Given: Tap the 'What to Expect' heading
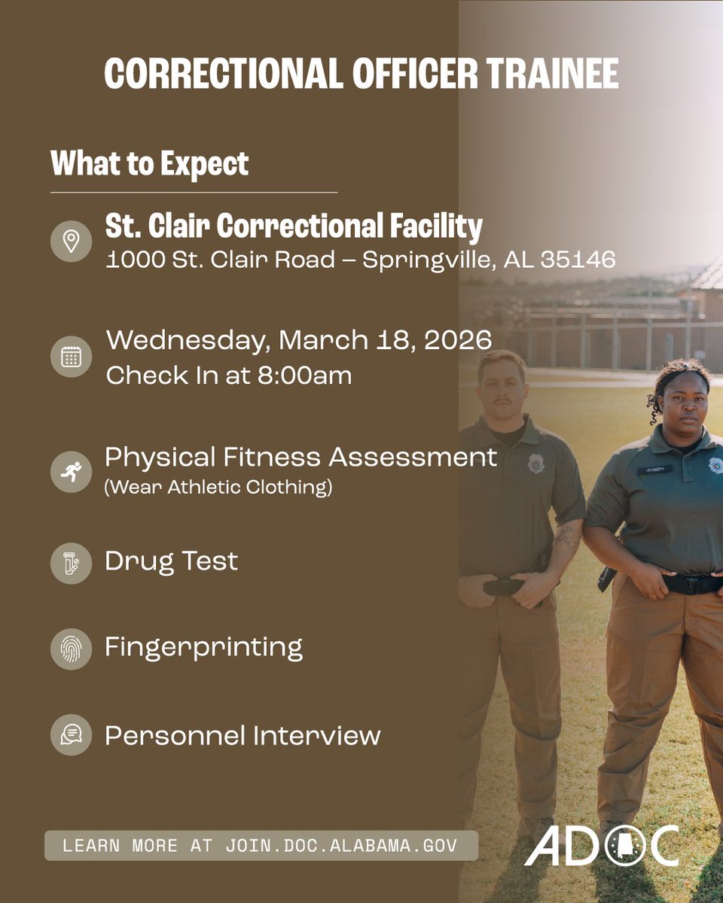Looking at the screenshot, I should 149,163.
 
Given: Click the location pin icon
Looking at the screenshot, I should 71,242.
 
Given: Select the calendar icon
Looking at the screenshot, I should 71,357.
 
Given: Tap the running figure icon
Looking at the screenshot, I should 71,472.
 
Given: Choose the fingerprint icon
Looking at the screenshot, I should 71,649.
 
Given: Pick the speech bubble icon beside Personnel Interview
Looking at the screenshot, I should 71,734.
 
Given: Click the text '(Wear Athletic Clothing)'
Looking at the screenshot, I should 218,488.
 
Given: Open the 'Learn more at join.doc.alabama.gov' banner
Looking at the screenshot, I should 261,845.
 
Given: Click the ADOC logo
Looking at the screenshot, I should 602,845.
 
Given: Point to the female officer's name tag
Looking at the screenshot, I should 654,469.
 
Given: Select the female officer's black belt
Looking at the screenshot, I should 689,583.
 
